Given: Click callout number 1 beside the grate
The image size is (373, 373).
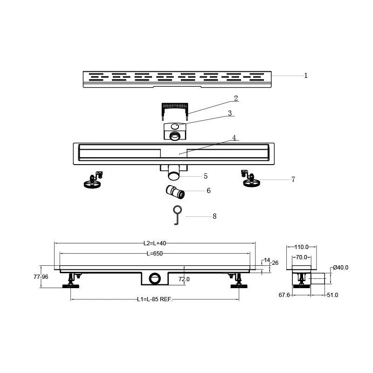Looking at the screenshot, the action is tap(306, 76).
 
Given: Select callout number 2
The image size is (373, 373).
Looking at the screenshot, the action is tap(236, 98).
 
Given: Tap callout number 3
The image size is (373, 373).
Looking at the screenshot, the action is tap(230, 113).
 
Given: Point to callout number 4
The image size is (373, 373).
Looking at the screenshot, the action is tap(234, 138).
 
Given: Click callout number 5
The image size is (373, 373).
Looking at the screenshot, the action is tap(206, 176).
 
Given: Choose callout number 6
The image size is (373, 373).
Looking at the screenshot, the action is tap(208, 191).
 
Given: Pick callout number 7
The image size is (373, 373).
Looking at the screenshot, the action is tap(293, 180).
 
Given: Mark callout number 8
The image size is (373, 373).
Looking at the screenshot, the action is tap(214, 216).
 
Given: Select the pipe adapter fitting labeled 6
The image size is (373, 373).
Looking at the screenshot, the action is tap(175, 192).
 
